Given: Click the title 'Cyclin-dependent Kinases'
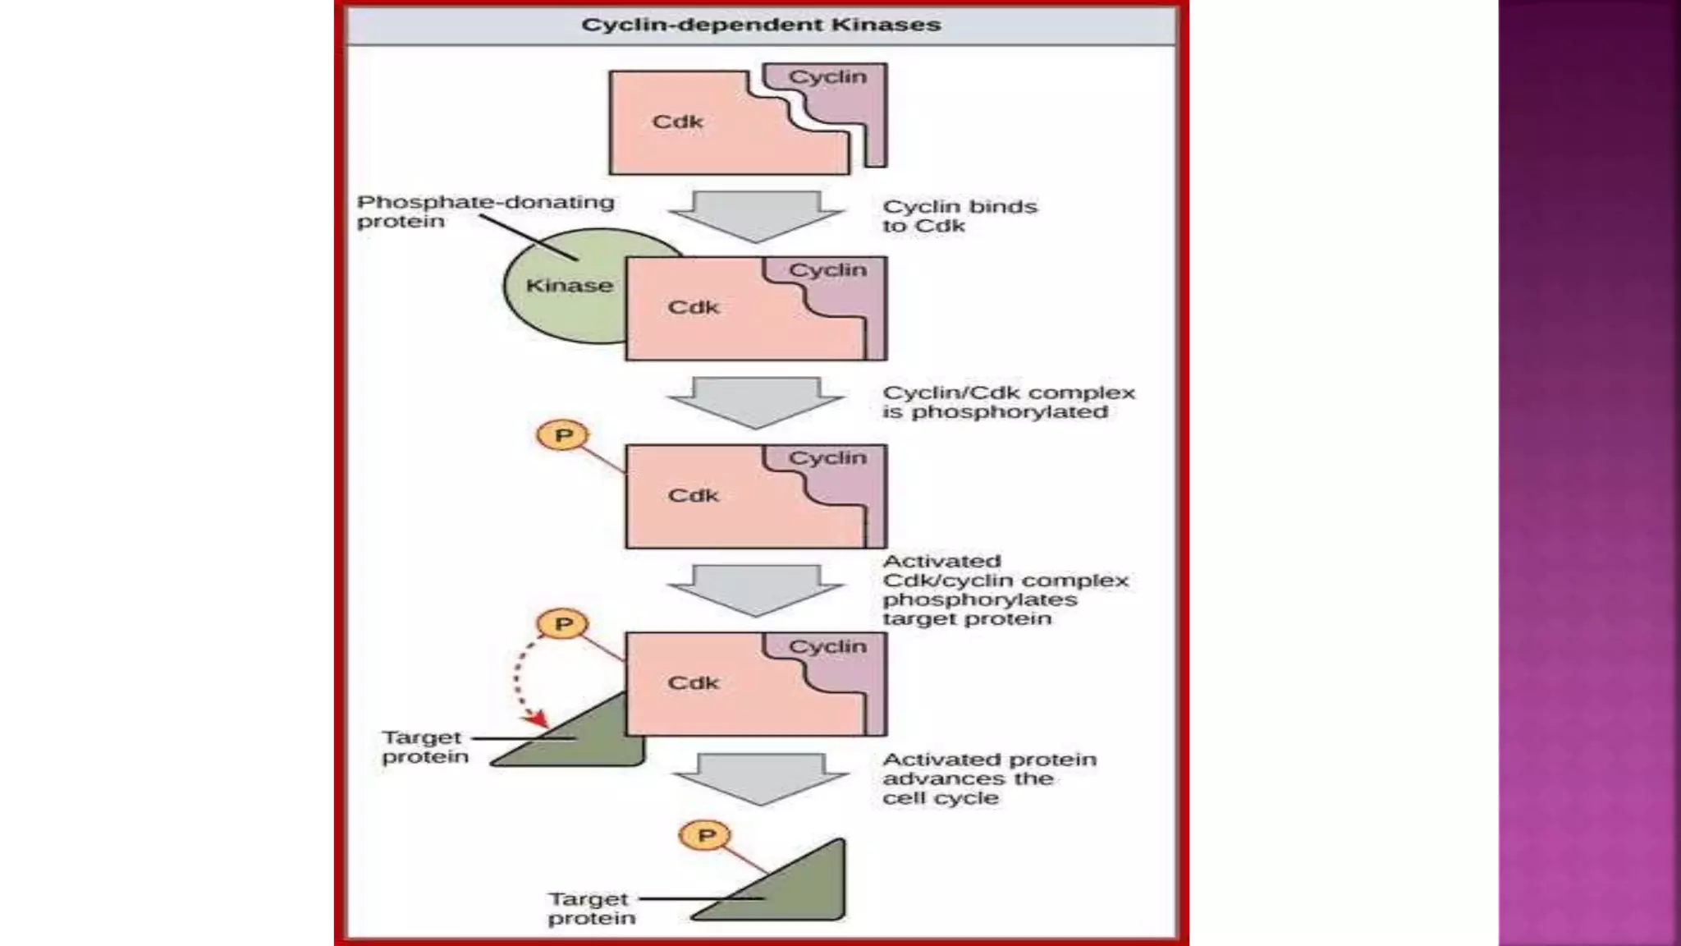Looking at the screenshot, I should (x=761, y=25).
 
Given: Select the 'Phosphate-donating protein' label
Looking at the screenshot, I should (x=485, y=212).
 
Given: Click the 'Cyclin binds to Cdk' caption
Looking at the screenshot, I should (x=959, y=216).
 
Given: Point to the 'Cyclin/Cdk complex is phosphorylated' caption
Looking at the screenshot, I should (x=1008, y=402).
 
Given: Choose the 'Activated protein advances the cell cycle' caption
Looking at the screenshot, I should (x=989, y=778).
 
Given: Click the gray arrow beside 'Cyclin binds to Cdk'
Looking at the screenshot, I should (x=756, y=216).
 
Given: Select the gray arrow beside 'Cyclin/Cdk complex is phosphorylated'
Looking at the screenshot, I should (x=756, y=402).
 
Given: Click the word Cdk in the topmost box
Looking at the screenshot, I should (x=677, y=122).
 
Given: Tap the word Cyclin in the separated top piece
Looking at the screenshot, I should (x=827, y=77).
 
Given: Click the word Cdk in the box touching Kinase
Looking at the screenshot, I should (x=693, y=308).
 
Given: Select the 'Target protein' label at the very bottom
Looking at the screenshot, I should (x=591, y=909).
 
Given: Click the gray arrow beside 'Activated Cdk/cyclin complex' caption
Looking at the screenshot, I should (x=756, y=590).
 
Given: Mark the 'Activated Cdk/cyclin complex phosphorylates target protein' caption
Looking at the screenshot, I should (x=1005, y=590).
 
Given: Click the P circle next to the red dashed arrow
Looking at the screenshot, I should (x=563, y=624).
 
